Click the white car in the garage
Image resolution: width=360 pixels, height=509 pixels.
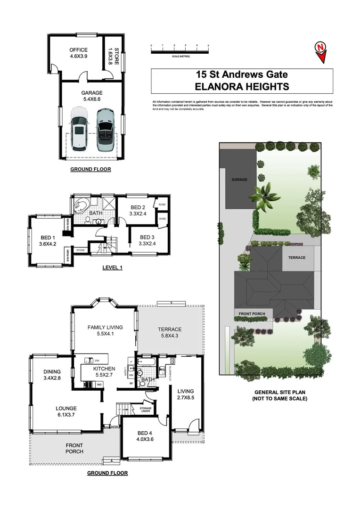click(x=80, y=130)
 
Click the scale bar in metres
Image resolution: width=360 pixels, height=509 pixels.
click(x=180, y=49)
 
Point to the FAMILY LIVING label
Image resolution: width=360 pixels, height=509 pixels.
click(x=105, y=331)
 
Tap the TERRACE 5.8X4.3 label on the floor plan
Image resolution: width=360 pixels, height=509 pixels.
click(x=170, y=333)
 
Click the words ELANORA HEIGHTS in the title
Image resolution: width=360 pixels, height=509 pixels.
click(x=242, y=86)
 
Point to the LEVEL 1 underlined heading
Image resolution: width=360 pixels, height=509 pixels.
click(x=112, y=268)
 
